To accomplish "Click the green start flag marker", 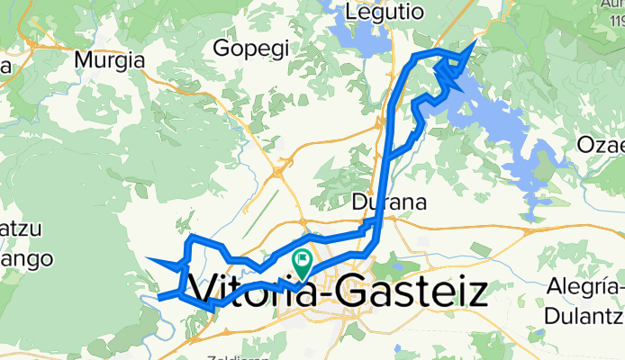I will tap(302, 264).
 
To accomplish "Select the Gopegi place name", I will tap(252, 46).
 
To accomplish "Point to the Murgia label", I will tap(111, 60).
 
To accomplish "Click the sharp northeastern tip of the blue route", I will tap(475, 40).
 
